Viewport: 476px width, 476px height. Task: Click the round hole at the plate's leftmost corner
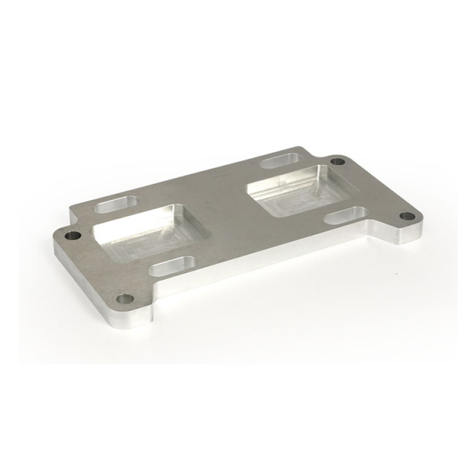[x=73, y=235]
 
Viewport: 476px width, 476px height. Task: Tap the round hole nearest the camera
[x=124, y=298]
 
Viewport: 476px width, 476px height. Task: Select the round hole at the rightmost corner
[x=406, y=215]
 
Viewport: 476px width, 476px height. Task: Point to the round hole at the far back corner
[x=337, y=161]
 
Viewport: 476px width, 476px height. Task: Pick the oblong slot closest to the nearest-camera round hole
[x=173, y=265]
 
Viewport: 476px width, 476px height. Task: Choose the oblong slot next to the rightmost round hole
[x=348, y=214]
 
